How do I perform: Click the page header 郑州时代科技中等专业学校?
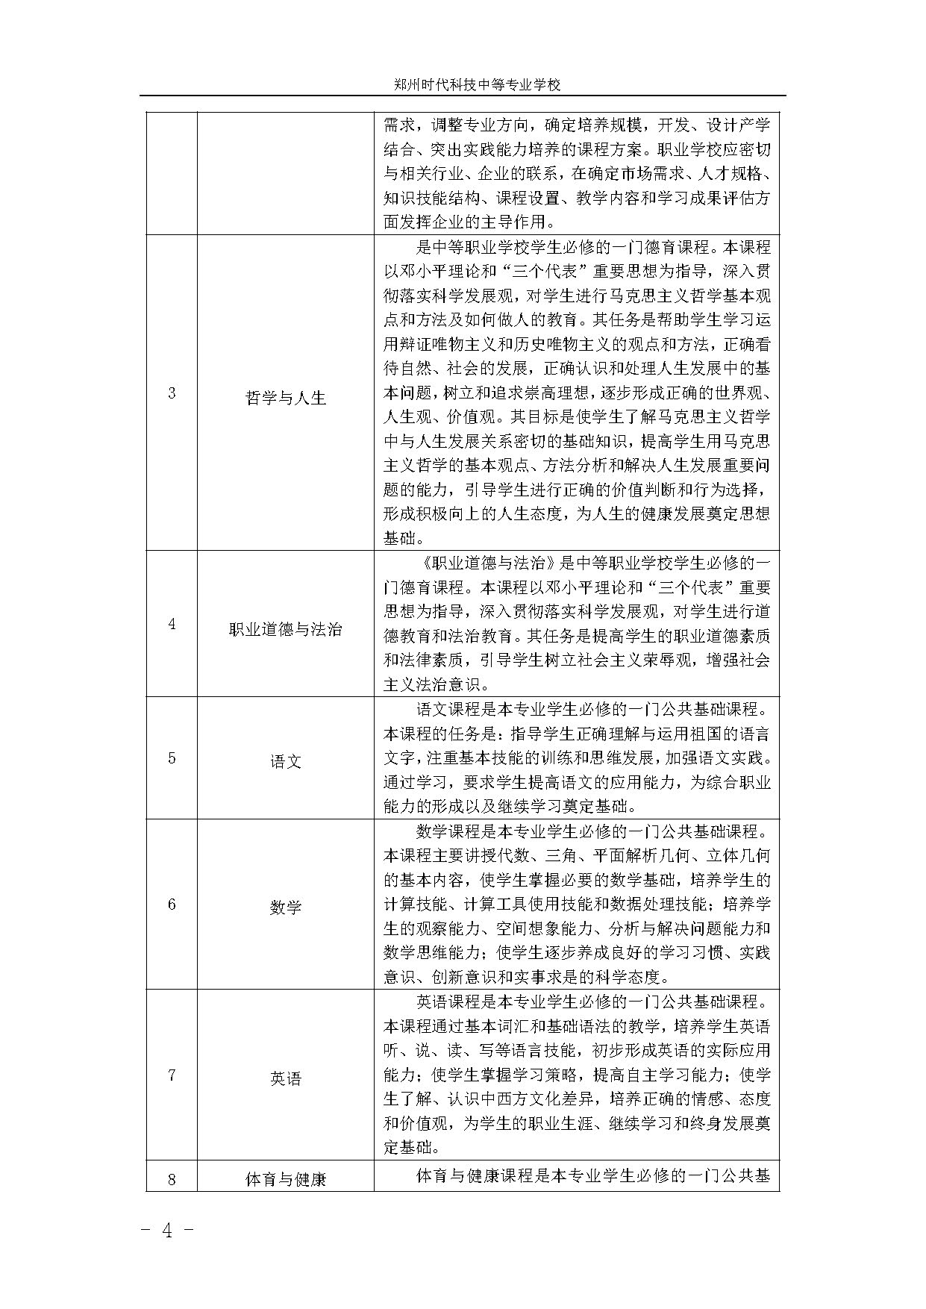click(477, 85)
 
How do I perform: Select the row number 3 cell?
click(172, 393)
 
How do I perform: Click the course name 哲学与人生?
click(286, 398)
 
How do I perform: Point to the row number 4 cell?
click(172, 624)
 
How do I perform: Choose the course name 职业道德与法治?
click(286, 629)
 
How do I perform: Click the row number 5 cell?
click(172, 758)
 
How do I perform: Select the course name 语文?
click(286, 762)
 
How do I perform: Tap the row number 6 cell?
click(172, 905)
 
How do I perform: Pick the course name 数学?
click(286, 907)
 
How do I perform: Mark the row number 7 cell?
click(172, 1075)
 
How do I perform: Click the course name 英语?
click(286, 1078)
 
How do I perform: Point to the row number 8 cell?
click(172, 1179)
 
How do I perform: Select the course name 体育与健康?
click(286, 1180)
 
